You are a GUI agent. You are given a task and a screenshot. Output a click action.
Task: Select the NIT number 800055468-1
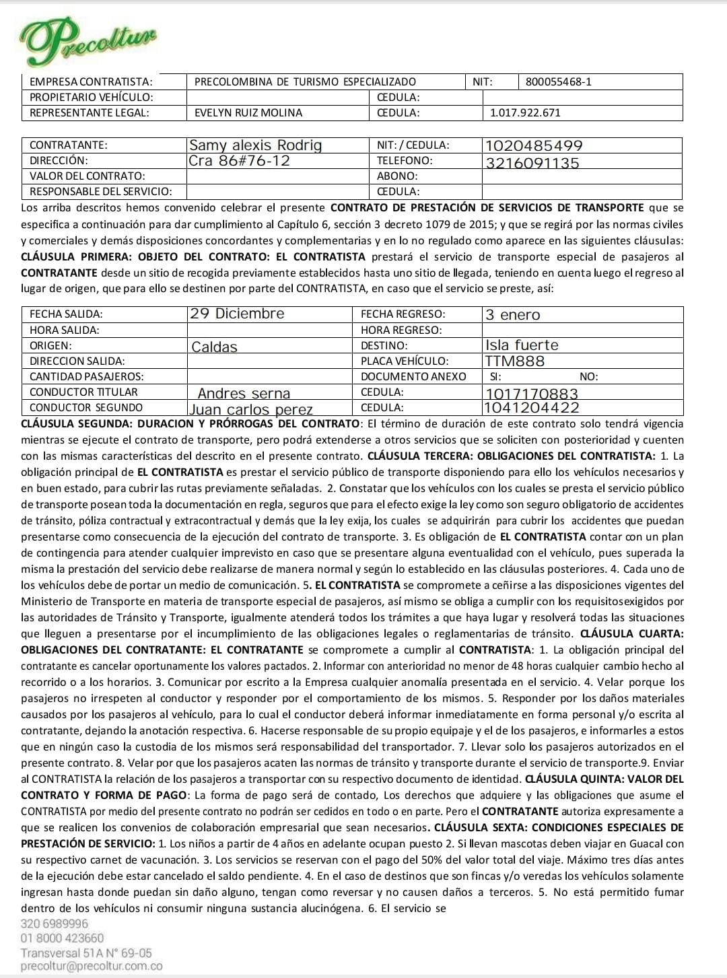tap(558, 82)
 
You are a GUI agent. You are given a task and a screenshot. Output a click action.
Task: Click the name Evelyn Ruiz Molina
tap(248, 113)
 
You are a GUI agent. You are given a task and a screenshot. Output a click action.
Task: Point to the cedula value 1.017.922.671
tap(525, 113)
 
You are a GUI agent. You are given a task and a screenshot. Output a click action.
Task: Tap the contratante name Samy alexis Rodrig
tap(256, 145)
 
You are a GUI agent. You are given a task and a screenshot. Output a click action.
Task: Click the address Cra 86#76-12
tap(240, 161)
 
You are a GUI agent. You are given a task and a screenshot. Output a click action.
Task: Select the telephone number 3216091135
tap(532, 163)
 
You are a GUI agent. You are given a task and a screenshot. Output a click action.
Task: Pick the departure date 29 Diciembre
tap(237, 314)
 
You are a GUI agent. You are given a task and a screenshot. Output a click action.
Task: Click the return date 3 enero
tap(513, 315)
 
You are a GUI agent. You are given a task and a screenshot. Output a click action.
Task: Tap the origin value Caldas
tap(215, 347)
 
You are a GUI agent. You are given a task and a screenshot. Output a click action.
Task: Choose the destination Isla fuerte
tap(522, 345)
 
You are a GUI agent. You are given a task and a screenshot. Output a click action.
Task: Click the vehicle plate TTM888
tap(515, 361)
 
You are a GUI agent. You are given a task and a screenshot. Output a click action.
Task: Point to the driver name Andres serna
tap(244, 394)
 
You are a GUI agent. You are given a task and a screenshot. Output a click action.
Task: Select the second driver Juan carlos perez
tap(251, 409)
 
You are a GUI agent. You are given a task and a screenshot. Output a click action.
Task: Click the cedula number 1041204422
tap(532, 407)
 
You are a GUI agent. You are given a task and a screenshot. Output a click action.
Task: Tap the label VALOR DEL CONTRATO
tap(87, 176)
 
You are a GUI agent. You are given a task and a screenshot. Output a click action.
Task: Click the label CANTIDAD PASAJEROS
tap(86, 377)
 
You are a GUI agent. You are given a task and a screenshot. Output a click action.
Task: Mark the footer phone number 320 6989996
tap(55, 923)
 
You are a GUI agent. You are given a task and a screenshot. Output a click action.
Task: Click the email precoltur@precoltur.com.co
tap(92, 966)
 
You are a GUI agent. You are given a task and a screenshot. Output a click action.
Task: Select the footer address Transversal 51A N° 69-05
tap(86, 952)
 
